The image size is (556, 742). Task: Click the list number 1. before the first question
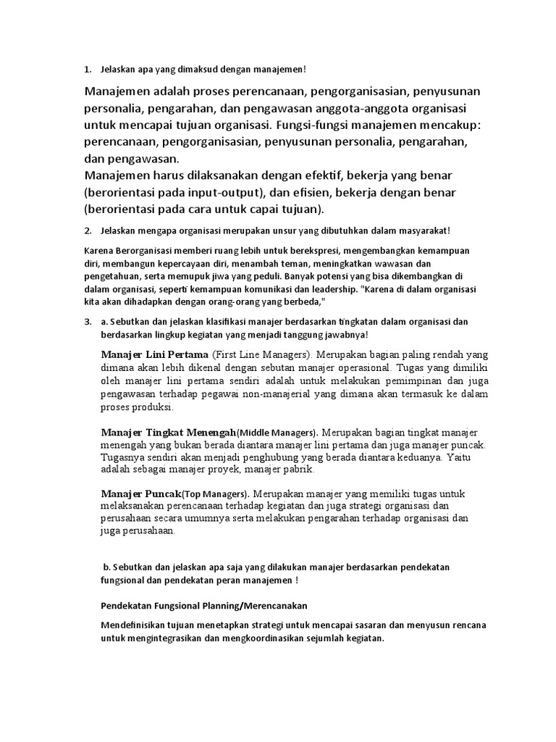pos(88,70)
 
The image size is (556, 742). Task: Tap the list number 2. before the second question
pos(88,231)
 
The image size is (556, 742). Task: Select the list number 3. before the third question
pos(88,321)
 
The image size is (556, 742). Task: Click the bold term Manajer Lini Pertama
pos(155,355)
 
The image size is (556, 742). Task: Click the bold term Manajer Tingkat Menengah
pos(169,431)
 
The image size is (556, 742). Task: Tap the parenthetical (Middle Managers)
pos(276,432)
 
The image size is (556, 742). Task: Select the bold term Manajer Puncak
pos(140,494)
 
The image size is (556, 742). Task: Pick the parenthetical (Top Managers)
pos(214,495)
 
